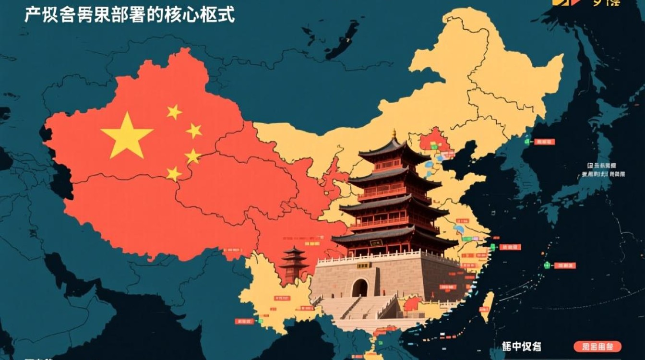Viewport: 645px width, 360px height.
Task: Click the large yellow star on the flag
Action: tap(127, 135)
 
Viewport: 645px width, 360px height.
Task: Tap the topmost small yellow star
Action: tap(174, 112)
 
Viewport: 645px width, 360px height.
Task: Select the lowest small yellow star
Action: tap(174, 173)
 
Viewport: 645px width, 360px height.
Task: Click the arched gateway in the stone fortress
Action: tap(359, 288)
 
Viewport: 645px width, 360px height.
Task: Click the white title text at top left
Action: tap(130, 15)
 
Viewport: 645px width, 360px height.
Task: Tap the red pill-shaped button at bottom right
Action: tap(597, 347)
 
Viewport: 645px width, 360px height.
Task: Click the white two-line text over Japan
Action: tap(602, 170)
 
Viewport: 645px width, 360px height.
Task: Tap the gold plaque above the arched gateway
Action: tap(363, 265)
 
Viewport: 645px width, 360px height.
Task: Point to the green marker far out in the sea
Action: tap(547, 265)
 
